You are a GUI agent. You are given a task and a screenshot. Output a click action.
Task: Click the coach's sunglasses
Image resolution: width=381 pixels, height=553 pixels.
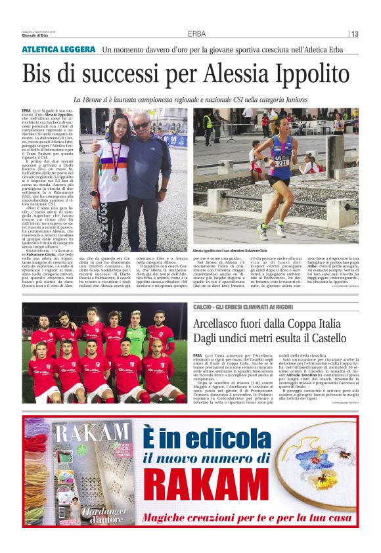click(141, 125)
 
